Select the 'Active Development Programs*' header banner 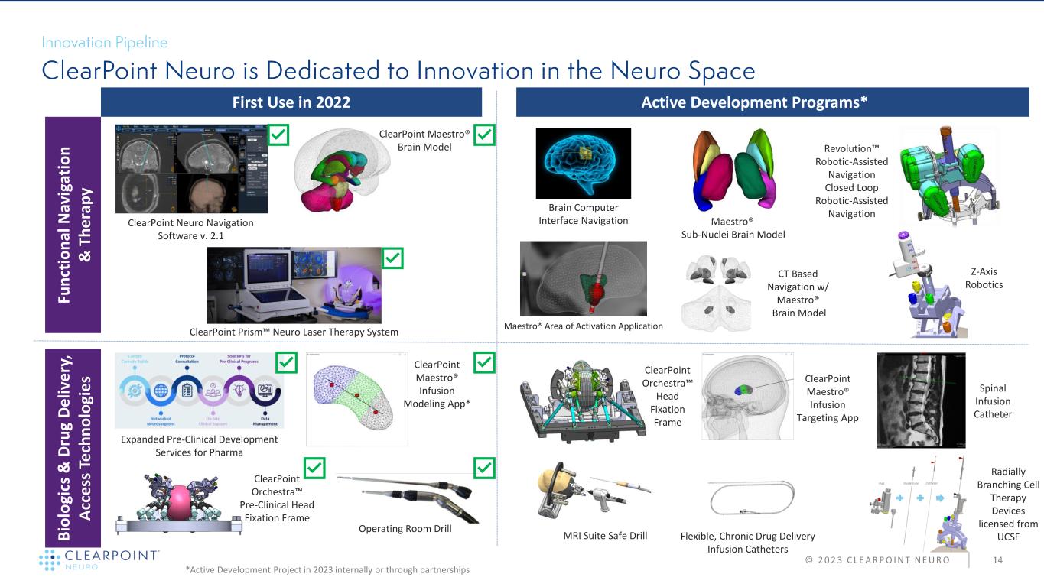tap(772, 102)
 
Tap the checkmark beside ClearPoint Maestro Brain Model tap(485, 136)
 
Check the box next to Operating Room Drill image tap(485, 467)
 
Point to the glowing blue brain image tap(583, 163)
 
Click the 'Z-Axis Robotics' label tap(984, 277)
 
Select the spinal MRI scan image tap(921, 400)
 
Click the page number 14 tap(997, 559)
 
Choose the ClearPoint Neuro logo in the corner tap(99, 559)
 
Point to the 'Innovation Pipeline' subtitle tap(105, 42)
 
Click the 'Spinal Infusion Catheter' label tap(992, 401)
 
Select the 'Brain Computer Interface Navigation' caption tap(583, 214)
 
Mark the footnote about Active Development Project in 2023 tap(327, 570)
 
